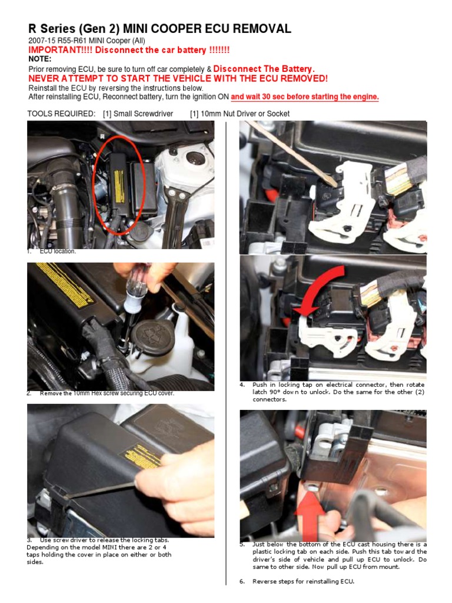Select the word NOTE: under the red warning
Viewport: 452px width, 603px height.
click(40, 59)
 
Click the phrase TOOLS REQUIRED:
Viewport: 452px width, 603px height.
click(61, 114)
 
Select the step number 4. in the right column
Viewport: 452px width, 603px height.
click(242, 385)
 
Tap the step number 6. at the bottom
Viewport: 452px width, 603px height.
click(242, 581)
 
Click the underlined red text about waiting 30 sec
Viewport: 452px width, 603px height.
click(304, 97)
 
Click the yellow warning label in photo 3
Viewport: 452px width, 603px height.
click(139, 456)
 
